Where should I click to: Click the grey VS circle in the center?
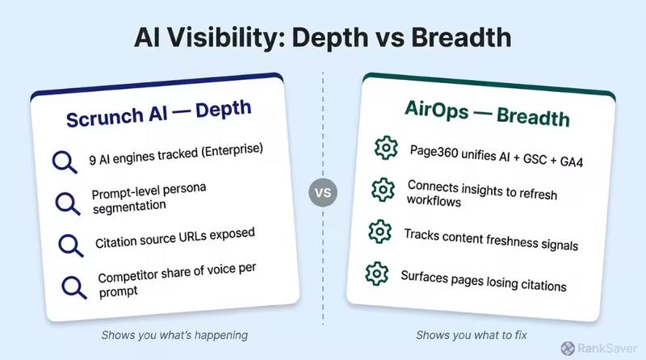323,195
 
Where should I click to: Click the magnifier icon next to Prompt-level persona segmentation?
64,203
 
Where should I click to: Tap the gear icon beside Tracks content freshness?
379,231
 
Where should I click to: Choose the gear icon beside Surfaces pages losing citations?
376,272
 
